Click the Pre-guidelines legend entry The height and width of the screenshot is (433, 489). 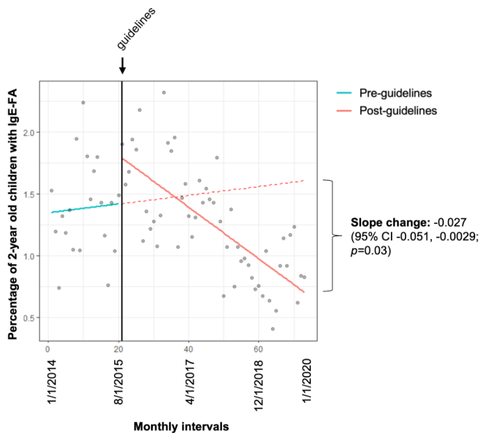tap(393, 93)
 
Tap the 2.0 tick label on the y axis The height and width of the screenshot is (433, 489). tap(29, 132)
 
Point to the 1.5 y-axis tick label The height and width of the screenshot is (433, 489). tap(29, 194)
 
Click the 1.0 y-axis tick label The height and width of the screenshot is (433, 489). tap(29, 256)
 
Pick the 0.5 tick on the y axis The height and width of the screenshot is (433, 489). tap(29, 318)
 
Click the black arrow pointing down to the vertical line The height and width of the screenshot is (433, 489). tap(122, 66)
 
